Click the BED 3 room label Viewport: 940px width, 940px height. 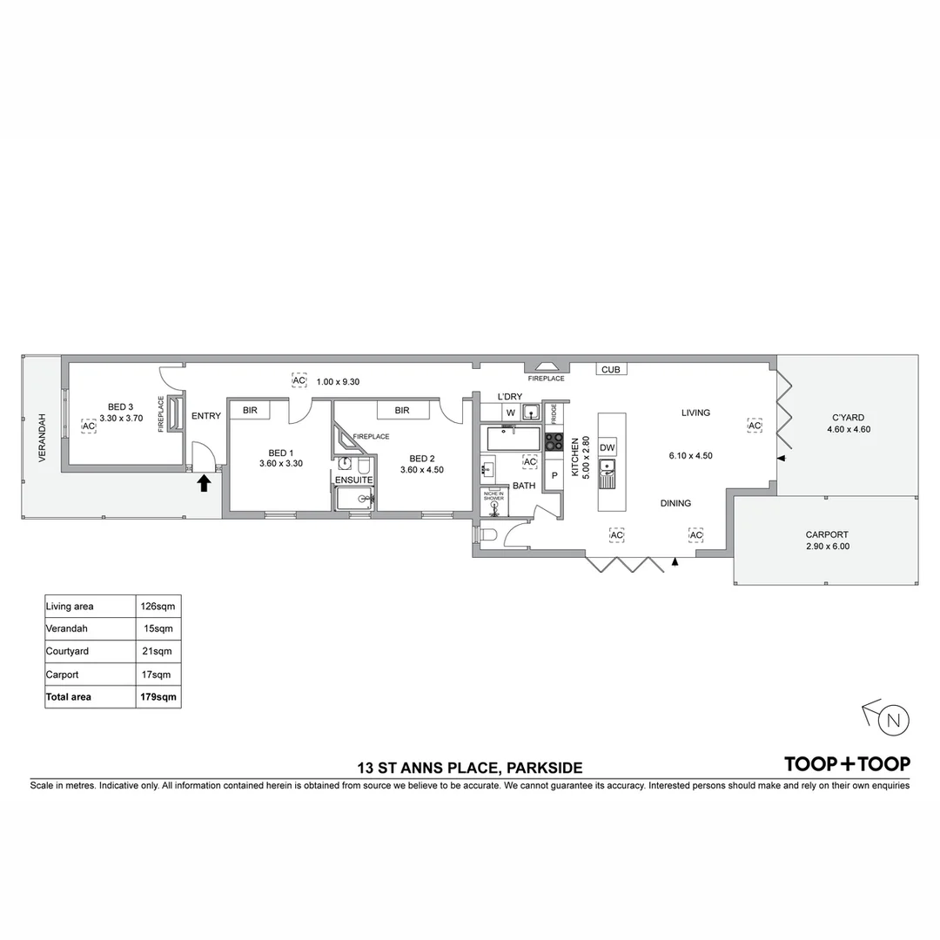point(120,406)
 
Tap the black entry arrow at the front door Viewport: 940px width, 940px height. point(204,483)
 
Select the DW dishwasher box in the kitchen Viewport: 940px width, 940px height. point(608,447)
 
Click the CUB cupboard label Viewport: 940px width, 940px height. point(610,370)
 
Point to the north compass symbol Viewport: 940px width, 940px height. point(893,720)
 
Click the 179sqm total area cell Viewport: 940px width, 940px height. point(158,696)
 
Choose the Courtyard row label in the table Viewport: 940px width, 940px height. point(68,651)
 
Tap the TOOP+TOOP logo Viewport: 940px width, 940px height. point(847,764)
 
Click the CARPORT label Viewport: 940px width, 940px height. point(826,535)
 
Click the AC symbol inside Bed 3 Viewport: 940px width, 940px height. point(88,426)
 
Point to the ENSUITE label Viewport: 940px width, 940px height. point(353,480)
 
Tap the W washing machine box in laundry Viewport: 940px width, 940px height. point(510,412)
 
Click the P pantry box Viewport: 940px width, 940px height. point(554,476)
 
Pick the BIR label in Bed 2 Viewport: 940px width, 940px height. point(401,410)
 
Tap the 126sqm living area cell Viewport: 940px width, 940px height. point(158,606)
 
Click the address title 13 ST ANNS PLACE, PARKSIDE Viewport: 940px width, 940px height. point(469,768)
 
